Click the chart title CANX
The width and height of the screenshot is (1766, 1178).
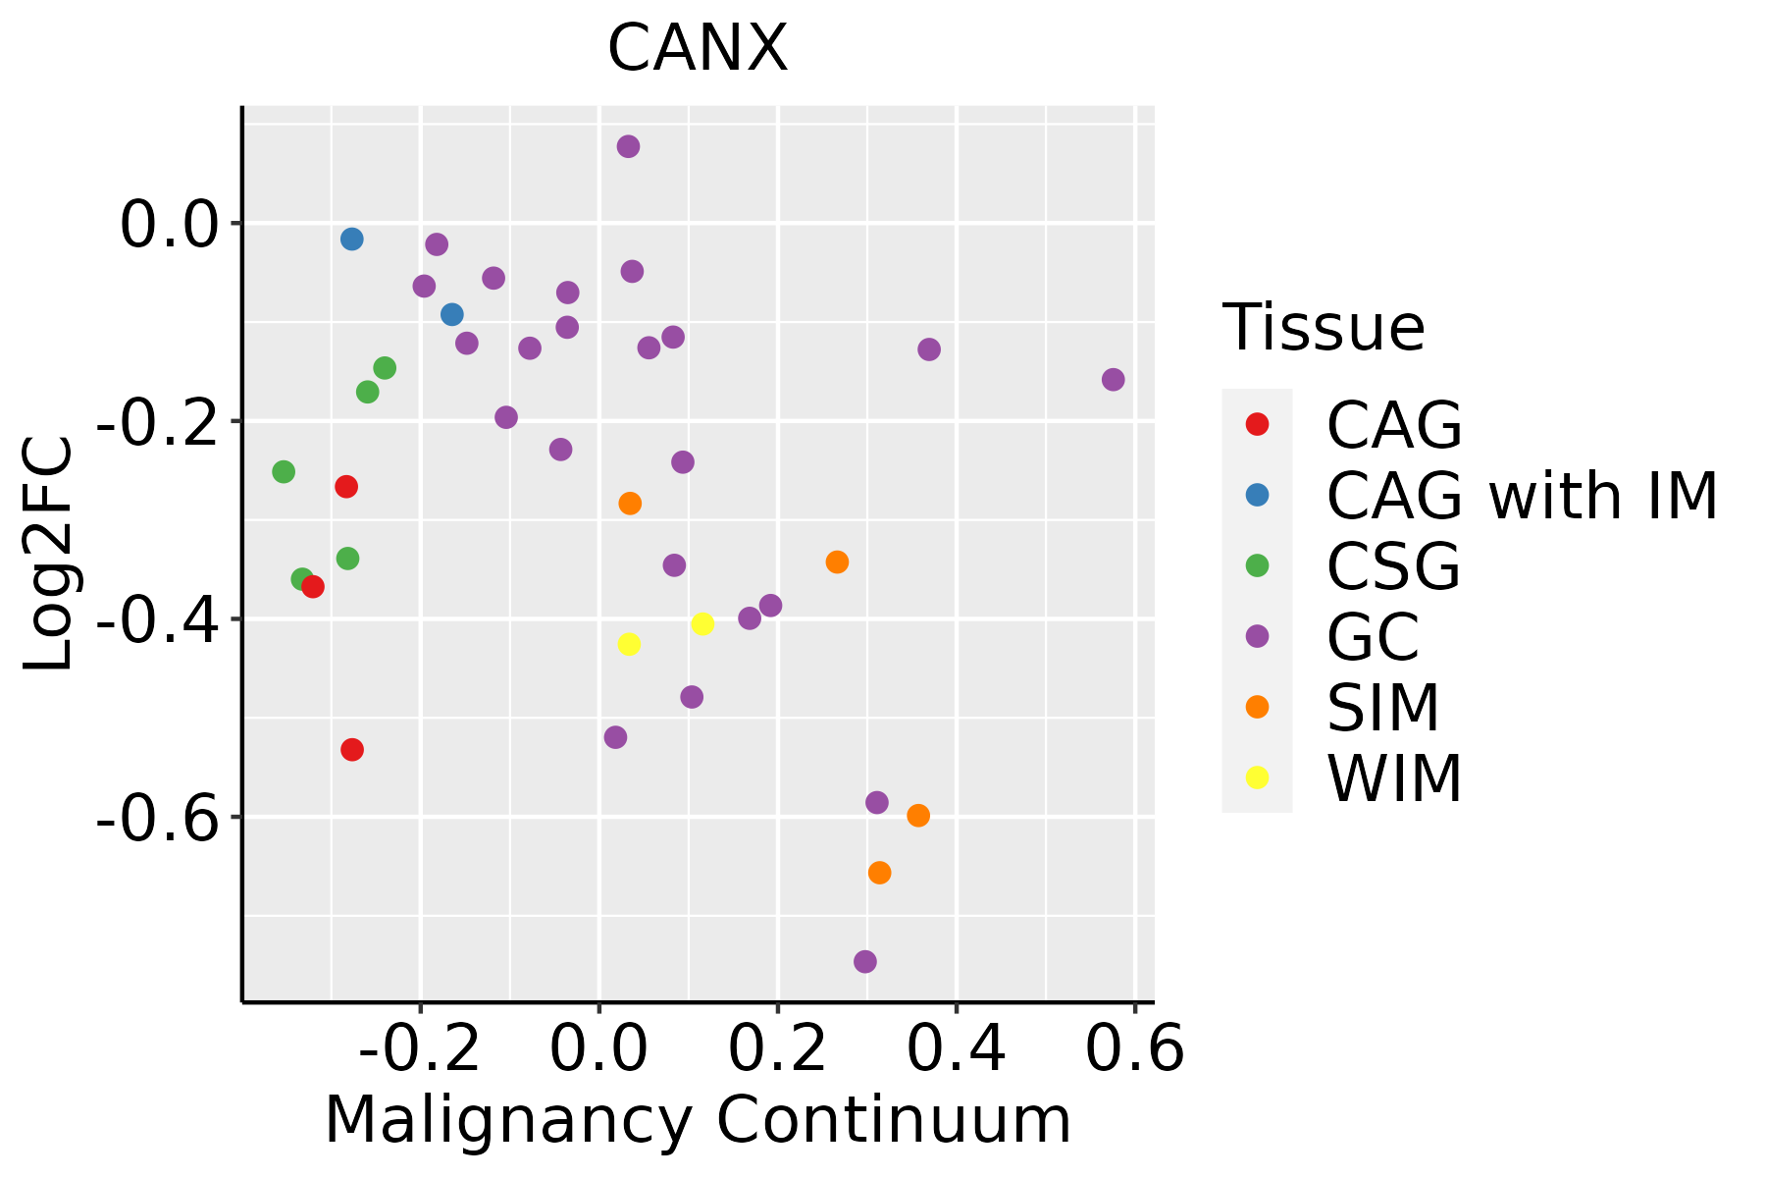click(x=698, y=48)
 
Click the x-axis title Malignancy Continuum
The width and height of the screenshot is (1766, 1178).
click(x=698, y=1120)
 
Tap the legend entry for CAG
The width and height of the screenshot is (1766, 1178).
click(x=1393, y=424)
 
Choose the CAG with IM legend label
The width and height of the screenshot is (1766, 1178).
click(x=1521, y=495)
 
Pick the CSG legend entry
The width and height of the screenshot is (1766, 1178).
click(x=1393, y=565)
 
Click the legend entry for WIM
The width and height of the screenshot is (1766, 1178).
click(x=1393, y=778)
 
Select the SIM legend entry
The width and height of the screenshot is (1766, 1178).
click(x=1382, y=707)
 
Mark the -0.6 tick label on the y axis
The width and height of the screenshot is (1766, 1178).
click(x=156, y=818)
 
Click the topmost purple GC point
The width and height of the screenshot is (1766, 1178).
click(x=629, y=147)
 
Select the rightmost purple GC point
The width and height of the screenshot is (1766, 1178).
click(x=1113, y=380)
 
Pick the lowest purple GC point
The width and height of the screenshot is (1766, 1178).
click(x=865, y=961)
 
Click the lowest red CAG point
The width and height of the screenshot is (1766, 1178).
click(x=352, y=750)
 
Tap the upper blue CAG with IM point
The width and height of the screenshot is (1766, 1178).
click(x=352, y=240)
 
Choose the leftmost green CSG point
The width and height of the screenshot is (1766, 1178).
click(x=284, y=472)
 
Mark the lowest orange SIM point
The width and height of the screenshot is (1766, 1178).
click(x=880, y=873)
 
